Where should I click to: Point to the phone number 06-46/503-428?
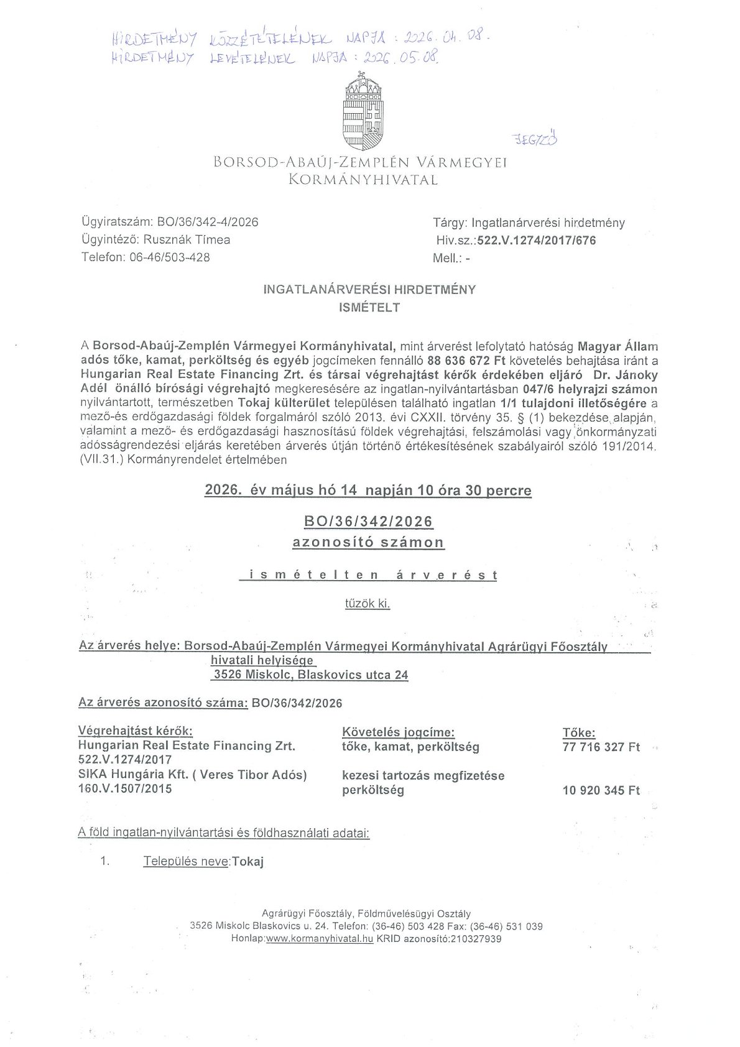169,257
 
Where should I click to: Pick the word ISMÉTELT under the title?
369,307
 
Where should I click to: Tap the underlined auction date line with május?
368,491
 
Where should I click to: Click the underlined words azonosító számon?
368,542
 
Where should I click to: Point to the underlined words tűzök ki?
368,603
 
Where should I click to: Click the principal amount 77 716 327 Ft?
601,747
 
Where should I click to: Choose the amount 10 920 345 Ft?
601,791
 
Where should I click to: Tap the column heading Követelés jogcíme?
398,732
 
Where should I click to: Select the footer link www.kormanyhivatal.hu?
320,939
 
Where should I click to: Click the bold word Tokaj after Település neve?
248,862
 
